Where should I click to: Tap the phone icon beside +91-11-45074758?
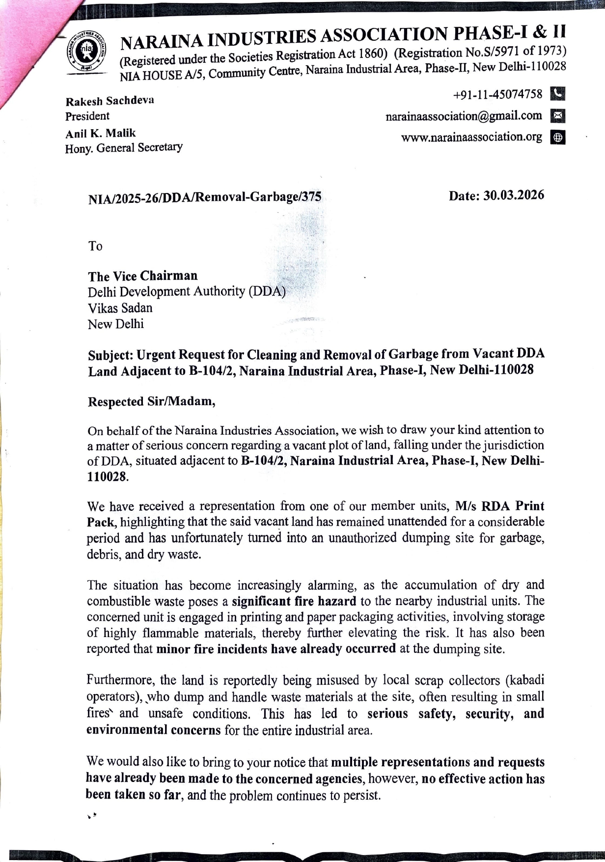point(558,93)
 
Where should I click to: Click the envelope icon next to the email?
point(558,116)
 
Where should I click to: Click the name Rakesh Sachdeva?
point(110,101)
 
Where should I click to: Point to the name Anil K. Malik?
point(101,133)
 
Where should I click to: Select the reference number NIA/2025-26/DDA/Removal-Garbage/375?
point(205,198)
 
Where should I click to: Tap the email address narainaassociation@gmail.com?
point(464,116)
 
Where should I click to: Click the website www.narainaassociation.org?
point(471,137)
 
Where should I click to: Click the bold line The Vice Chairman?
point(143,276)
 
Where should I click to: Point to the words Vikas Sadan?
point(120,308)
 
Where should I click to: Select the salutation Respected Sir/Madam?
point(152,401)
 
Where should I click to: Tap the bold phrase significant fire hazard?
point(294,601)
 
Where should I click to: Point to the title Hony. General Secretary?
point(124,147)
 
